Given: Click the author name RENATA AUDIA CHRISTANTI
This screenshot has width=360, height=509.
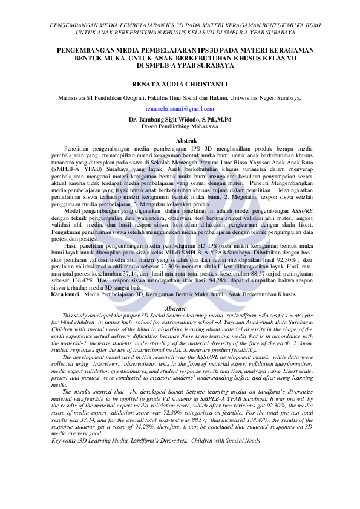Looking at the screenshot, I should tap(180, 82).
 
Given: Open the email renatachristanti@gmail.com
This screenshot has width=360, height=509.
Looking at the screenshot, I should tap(180, 108).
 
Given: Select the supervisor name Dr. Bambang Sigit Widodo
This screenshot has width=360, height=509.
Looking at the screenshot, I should tap(180, 120).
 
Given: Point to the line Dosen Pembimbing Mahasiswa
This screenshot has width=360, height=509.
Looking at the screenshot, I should tap(180, 126).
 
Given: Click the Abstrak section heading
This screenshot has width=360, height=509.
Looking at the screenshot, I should tap(180, 140).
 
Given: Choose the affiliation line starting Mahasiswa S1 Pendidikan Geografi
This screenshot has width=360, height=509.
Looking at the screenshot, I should tap(180, 97).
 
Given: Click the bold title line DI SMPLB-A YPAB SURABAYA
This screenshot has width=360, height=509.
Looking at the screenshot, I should tap(180, 65).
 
